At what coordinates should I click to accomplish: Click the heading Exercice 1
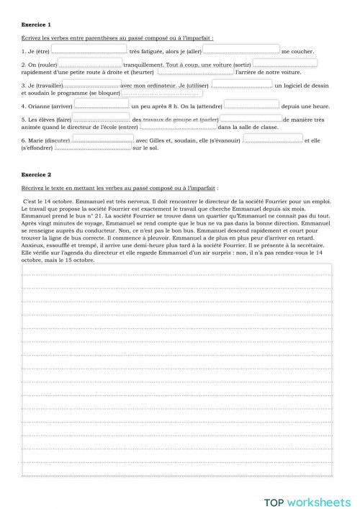click(36, 24)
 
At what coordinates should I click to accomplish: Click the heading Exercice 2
click(36, 175)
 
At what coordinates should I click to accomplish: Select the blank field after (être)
click(90, 50)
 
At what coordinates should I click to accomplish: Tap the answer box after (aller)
click(241, 50)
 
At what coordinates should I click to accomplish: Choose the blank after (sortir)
click(286, 64)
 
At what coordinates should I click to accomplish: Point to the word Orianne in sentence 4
click(38, 107)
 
